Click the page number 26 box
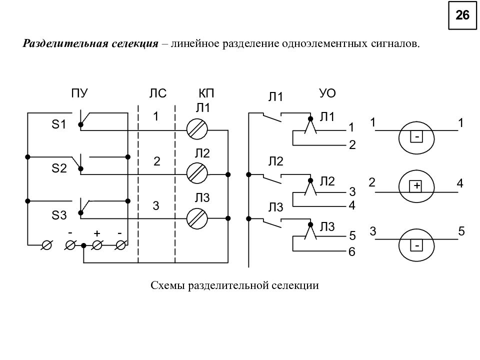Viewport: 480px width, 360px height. point(462,15)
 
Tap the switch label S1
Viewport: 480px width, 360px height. point(59,124)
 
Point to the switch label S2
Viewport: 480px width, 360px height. point(59,168)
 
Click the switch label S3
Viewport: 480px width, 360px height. point(59,215)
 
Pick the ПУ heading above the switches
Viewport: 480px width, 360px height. point(79,93)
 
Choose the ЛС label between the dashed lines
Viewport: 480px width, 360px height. point(158,93)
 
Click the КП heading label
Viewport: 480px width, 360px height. point(206,93)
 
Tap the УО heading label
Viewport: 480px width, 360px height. point(327,93)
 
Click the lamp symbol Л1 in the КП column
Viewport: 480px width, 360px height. point(197,129)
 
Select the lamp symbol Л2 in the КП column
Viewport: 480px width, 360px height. point(197,173)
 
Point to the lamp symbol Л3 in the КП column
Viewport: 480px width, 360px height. point(197,218)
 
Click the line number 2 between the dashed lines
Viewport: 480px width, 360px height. point(156,161)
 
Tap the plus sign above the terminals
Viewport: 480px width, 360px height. point(97,233)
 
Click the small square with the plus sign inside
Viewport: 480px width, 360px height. point(416,186)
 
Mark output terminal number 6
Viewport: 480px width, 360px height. point(352,251)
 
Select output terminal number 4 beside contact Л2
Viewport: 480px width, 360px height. point(352,205)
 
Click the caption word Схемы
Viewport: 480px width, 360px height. point(168,285)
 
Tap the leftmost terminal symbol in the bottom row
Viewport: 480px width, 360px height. point(46,245)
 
